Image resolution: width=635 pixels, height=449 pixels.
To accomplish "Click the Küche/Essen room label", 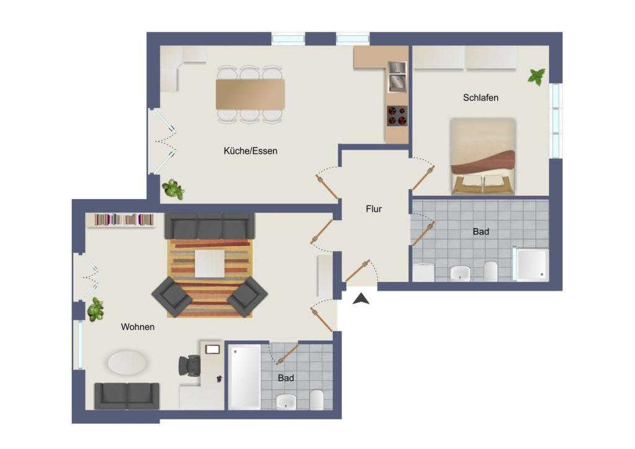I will tap(251, 151).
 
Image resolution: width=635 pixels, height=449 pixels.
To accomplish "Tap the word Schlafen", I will tap(481, 97).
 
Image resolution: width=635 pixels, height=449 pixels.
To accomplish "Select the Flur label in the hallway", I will tap(373, 209).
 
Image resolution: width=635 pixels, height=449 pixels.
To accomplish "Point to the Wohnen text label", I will tap(138, 327).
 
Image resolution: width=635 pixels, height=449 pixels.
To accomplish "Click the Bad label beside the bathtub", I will tap(286, 378).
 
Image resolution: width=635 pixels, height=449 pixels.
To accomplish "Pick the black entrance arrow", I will tap(361, 299).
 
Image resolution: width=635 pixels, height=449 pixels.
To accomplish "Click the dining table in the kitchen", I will tap(250, 94).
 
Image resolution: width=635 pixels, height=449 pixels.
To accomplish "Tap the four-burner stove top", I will tap(397, 115).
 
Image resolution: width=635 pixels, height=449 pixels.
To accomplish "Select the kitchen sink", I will tap(397, 76).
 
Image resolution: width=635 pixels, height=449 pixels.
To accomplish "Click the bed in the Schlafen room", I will tap(482, 156).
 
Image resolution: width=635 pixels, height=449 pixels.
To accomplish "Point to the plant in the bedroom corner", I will tap(536, 77).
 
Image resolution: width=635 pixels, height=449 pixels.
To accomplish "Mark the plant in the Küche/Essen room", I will tap(172, 189).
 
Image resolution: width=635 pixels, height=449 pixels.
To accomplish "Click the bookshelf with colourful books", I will tap(124, 220).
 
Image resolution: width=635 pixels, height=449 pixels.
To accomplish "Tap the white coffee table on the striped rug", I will tap(210, 264).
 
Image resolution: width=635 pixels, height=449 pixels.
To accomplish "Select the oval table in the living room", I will tap(128, 363).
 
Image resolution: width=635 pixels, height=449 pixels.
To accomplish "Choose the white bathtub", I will tap(245, 376).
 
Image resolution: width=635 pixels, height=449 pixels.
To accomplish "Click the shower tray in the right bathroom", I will tap(532, 264).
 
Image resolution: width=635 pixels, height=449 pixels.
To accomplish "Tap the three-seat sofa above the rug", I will tap(210, 226).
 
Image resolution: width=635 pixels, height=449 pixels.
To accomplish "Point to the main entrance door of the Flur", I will tap(358, 270).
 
